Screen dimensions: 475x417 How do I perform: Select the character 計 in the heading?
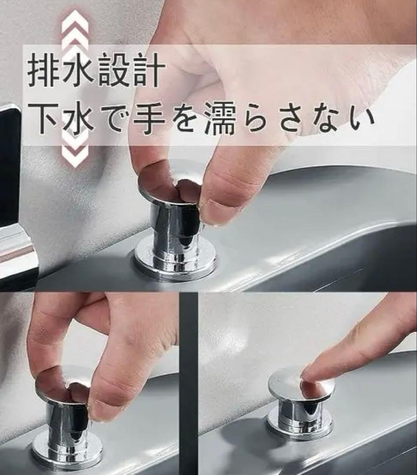click(150, 71)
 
